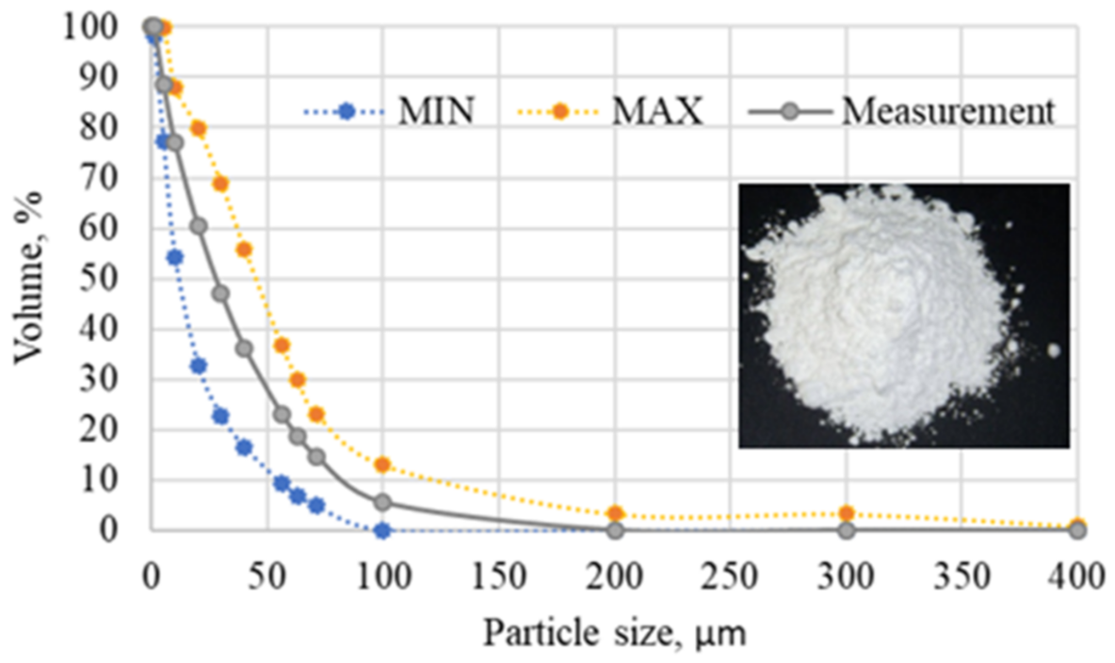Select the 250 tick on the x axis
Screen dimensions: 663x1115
731,570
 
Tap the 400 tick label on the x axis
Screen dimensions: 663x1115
1077,570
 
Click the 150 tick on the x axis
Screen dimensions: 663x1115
498,570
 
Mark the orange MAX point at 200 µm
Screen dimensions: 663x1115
615,513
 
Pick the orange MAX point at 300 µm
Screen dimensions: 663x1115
847,513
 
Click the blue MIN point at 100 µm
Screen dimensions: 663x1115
382,530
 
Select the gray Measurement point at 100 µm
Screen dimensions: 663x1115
382,503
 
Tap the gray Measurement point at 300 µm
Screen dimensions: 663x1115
847,530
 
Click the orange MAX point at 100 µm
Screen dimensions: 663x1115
382,464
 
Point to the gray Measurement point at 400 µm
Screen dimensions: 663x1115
1077,530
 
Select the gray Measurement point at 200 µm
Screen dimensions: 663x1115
615,530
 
